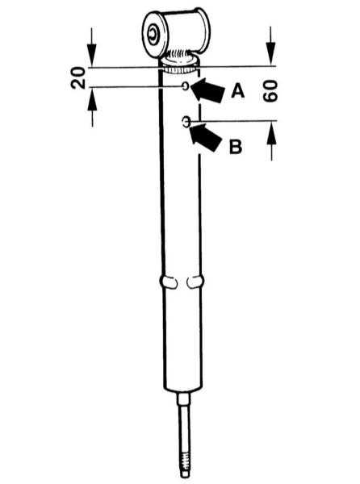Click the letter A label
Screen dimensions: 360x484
click(x=238, y=91)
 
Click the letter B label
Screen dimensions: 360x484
click(x=236, y=147)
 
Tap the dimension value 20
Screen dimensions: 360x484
click(x=77, y=77)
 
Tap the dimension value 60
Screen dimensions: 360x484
click(x=270, y=90)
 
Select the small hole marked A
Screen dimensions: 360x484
click(x=186, y=86)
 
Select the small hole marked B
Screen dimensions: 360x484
click(x=186, y=122)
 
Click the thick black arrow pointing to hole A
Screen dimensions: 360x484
click(x=207, y=90)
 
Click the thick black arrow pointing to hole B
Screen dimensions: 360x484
click(x=205, y=138)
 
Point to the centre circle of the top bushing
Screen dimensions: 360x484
click(x=153, y=33)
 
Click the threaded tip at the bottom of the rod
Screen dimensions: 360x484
click(x=185, y=465)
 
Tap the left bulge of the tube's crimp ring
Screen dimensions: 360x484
click(x=168, y=282)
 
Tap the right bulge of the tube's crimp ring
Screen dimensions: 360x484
click(x=195, y=282)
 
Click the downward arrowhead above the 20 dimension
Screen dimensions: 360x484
click(x=92, y=55)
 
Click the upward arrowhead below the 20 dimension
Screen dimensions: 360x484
click(x=92, y=99)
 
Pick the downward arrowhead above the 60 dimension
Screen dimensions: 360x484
click(x=270, y=54)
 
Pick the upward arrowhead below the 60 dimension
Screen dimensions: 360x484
click(x=272, y=133)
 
